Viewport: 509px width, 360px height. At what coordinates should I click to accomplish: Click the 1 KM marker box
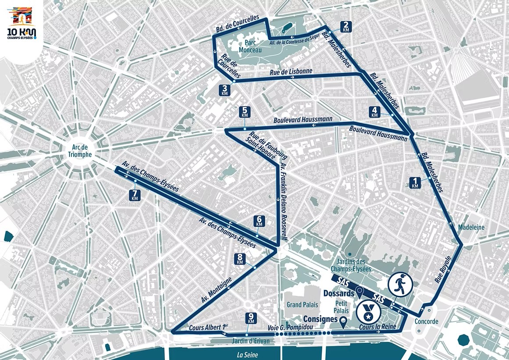coord(415,182)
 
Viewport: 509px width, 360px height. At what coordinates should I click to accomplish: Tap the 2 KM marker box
coord(346,27)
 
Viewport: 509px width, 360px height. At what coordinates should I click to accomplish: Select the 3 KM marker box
coord(225,90)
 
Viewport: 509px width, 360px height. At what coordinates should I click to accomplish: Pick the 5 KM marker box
coord(245,112)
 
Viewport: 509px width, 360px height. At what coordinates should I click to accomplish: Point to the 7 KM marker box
coord(135,195)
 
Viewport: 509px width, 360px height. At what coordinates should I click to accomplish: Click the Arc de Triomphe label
coord(80,151)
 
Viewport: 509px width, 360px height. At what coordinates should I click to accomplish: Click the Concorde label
coord(426,321)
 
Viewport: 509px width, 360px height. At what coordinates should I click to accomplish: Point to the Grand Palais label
coord(300,304)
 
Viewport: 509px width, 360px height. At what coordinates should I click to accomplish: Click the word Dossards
coord(339,293)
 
